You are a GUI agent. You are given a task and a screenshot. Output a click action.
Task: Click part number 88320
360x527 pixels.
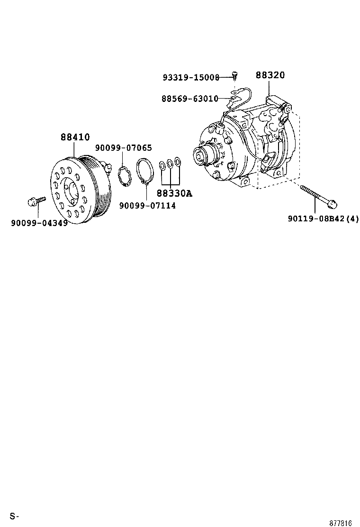pos(270,75)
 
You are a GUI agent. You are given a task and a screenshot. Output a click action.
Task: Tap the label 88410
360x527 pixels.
pos(75,137)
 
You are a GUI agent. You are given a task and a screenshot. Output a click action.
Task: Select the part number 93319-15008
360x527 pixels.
pos(191,77)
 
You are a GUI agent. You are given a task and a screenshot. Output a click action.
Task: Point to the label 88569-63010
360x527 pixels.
pos(189,99)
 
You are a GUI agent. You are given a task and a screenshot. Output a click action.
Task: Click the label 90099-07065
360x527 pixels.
pos(123,148)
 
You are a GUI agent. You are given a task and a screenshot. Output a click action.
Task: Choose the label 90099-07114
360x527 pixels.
pos(147,205)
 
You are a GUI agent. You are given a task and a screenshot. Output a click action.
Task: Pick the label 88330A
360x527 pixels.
pos(174,193)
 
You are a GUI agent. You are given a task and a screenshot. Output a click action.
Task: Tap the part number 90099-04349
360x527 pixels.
pos(39,223)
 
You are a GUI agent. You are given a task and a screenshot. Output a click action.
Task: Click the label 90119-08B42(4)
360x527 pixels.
pos(324,218)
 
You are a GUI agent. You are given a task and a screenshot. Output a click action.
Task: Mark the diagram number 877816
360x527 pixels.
pos(341,523)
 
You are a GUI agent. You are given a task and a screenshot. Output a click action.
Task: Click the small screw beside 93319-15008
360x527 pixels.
pos(234,75)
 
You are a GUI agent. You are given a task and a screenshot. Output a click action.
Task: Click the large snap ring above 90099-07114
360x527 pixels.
pos(144,171)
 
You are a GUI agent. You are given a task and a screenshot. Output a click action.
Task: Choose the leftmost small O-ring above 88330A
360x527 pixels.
pos(162,165)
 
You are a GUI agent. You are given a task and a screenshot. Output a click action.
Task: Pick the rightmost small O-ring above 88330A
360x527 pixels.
pos(178,163)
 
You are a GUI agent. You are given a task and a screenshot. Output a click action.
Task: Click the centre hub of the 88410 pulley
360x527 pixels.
pos(72,192)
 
